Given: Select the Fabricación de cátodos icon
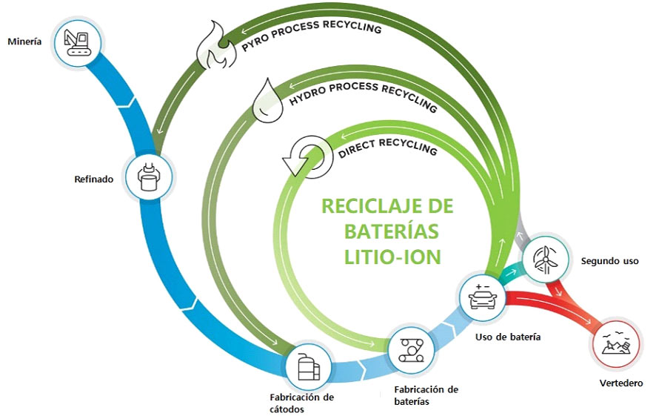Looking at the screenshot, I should coord(309,366).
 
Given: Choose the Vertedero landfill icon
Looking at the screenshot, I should coord(617,345).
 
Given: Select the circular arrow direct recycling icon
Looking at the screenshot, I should coord(301,157).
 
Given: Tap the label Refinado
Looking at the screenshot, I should coord(93,179).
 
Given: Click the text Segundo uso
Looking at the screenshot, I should coord(609,261).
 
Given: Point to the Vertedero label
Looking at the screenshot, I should coord(620,383).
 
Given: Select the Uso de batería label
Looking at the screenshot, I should coord(507,337).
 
